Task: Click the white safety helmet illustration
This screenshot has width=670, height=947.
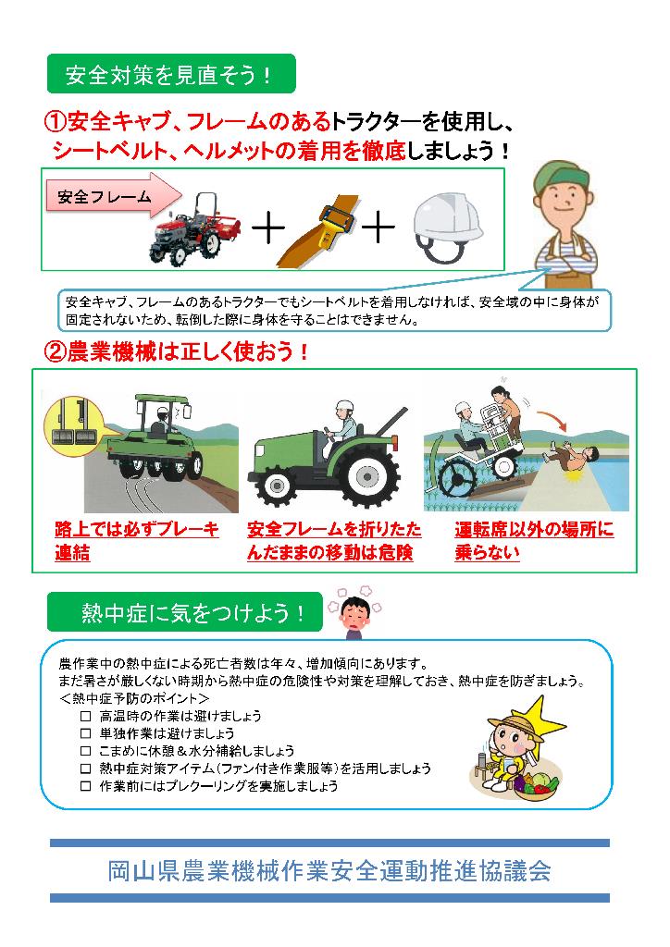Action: pyautogui.click(x=448, y=227)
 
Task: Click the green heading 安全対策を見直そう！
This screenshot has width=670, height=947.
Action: pyautogui.click(x=171, y=74)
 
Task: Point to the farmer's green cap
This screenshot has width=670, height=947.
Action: pyautogui.click(x=561, y=175)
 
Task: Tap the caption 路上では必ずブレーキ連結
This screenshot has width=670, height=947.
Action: pyautogui.click(x=137, y=540)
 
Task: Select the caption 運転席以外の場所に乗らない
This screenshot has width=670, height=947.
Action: pyautogui.click(x=534, y=540)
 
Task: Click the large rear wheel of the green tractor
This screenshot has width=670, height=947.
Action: pyautogui.click(x=366, y=476)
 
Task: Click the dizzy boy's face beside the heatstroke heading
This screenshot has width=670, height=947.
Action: pyautogui.click(x=354, y=614)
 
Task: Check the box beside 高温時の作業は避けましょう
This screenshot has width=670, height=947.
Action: pyautogui.click(x=86, y=717)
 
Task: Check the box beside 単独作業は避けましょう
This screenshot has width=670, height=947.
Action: pyautogui.click(x=86, y=733)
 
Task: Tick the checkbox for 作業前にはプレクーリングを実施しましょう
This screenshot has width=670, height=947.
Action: pyautogui.click(x=86, y=786)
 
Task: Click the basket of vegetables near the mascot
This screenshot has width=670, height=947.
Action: pyautogui.click(x=537, y=785)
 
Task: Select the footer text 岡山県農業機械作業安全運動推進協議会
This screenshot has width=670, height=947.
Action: pyautogui.click(x=329, y=871)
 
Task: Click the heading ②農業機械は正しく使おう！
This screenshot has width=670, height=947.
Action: pyautogui.click(x=177, y=351)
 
